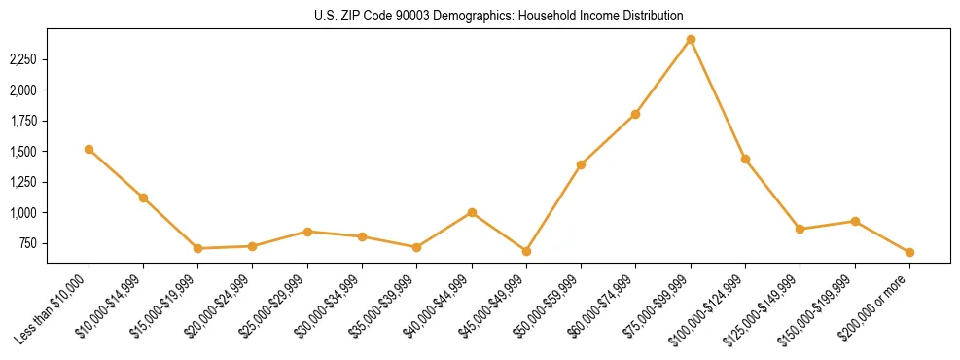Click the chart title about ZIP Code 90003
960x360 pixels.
pos(499,17)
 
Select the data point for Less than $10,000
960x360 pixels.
pos(89,149)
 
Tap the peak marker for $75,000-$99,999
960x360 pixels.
pos(691,40)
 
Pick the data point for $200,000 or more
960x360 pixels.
pos(909,252)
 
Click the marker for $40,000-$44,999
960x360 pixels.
pos(472,212)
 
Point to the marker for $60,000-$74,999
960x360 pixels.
pos(635,114)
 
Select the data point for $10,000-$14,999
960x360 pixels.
pos(143,198)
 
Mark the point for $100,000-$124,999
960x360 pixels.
pos(745,159)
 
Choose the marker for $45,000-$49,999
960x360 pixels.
pos(526,251)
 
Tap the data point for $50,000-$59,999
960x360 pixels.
pos(581,164)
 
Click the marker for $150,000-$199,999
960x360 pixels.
pos(855,221)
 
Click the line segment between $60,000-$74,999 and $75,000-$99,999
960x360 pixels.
pos(663,77)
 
